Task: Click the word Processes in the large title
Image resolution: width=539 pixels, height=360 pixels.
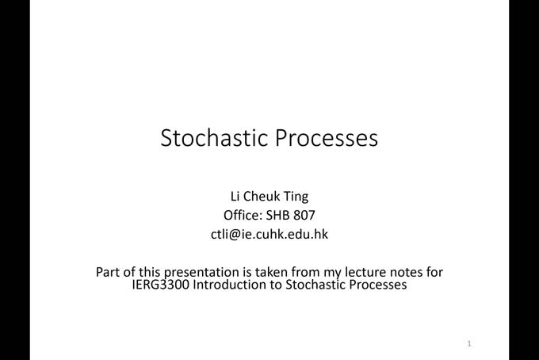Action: tap(327, 138)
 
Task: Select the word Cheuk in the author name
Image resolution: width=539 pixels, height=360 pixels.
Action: tap(262, 196)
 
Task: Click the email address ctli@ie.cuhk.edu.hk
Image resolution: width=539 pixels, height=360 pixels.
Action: tap(269, 234)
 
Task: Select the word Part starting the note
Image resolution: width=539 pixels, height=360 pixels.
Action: tap(109, 272)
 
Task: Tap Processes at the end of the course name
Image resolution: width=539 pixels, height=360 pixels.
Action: tap(377, 285)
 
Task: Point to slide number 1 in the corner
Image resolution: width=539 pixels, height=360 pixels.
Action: tap(470, 344)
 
